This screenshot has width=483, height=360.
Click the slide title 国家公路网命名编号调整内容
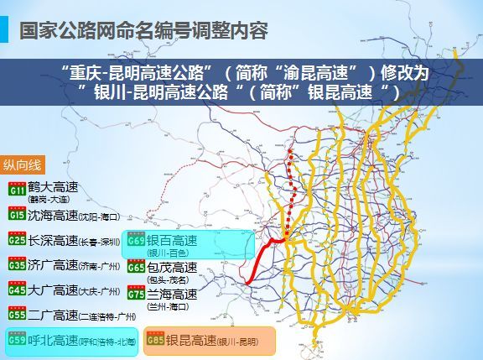[143, 31]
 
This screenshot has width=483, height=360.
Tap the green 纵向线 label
[29, 164]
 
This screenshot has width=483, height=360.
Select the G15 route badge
[17, 216]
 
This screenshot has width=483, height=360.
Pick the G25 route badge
[17, 241]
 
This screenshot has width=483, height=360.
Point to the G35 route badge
[17, 265]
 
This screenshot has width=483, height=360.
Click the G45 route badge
[17, 290]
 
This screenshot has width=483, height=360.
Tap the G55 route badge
[17, 315]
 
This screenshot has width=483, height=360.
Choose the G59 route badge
[17, 341]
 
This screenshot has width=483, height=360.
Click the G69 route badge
[137, 241]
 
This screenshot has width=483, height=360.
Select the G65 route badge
[136, 268]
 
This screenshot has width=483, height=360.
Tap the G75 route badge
[136, 294]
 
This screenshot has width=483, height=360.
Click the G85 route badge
[155, 341]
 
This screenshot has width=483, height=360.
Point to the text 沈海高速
[52, 215]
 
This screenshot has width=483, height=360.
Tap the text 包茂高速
[172, 267]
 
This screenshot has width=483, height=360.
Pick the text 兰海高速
[172, 293]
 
